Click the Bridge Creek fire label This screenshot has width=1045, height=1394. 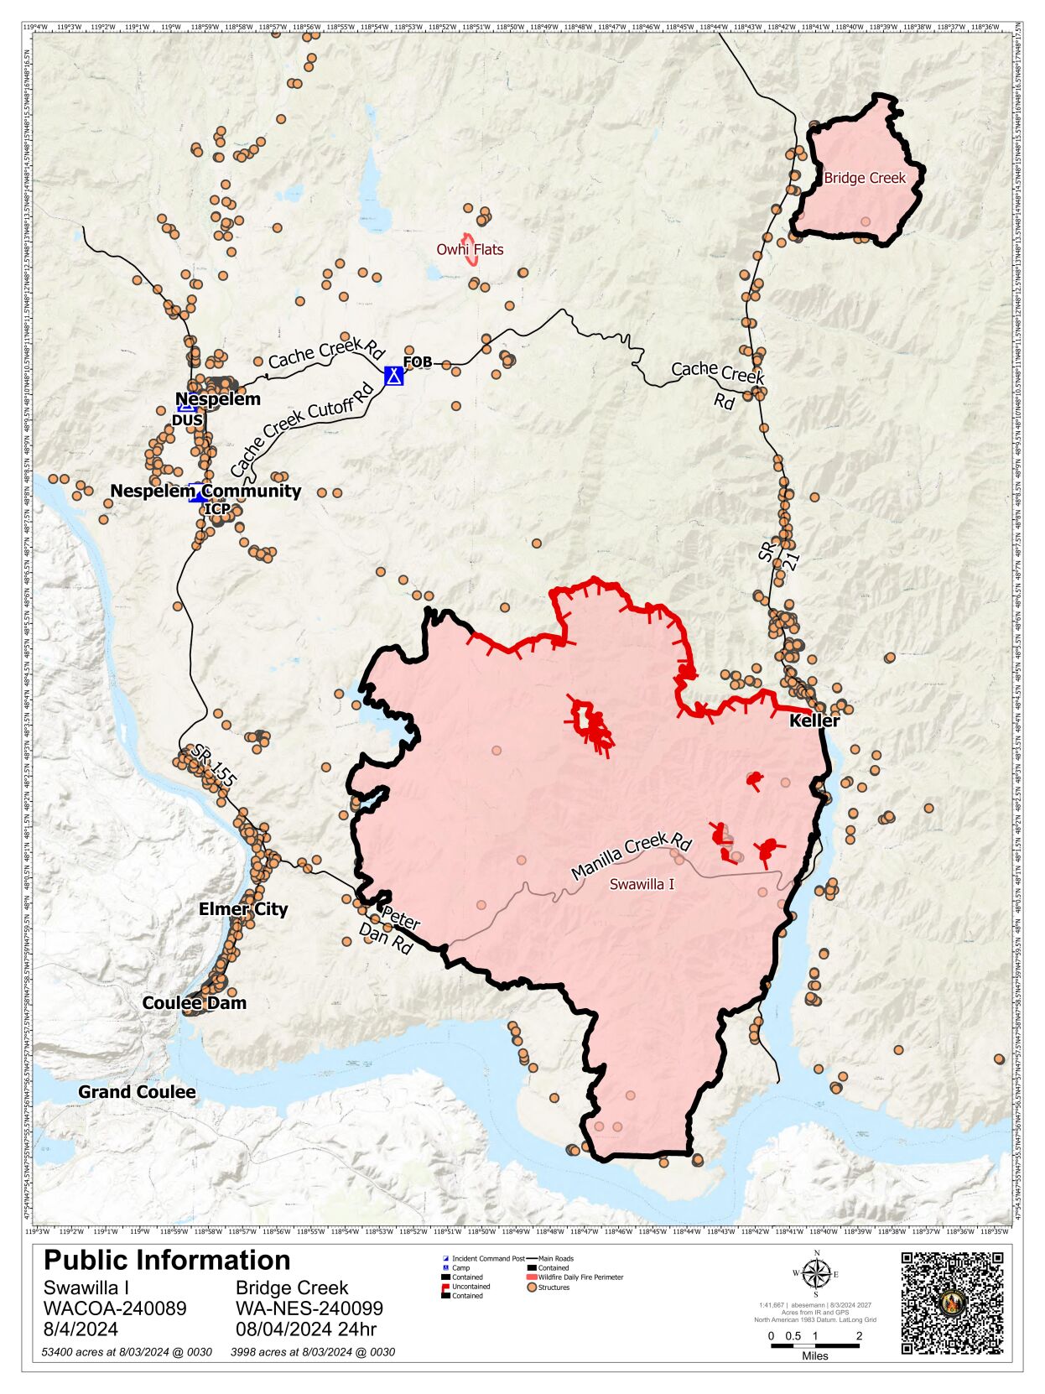point(865,178)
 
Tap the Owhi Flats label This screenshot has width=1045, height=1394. point(470,249)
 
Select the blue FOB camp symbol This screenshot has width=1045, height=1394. point(394,375)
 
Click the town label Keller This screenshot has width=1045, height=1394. point(814,720)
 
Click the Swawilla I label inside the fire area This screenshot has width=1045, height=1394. point(642,884)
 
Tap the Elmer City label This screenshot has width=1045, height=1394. point(243,909)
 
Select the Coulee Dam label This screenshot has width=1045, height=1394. point(195,1003)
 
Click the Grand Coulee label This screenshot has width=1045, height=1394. point(137,1092)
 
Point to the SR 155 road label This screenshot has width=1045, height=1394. point(212,765)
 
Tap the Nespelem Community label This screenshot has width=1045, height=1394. point(205,491)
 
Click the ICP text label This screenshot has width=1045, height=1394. point(217,509)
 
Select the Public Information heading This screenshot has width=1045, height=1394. point(167,1260)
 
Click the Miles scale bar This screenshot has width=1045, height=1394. point(814,1345)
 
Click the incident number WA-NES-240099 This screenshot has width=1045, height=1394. point(309,1308)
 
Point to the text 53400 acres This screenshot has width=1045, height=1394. point(127,1352)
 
